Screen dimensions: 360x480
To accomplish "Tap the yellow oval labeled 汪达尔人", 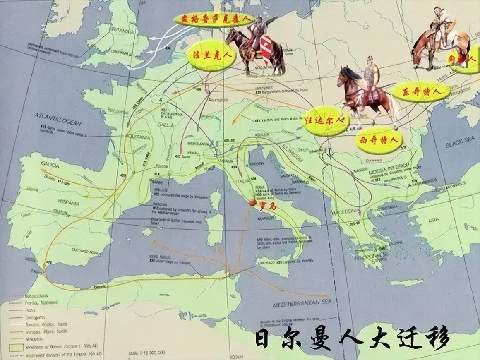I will (x=326, y=121).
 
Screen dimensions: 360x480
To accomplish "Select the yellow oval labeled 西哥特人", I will (x=379, y=140).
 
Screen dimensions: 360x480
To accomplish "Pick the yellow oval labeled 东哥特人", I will (x=420, y=91).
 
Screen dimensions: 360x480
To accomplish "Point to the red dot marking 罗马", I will (x=252, y=203).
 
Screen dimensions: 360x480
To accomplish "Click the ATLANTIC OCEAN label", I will (x=58, y=120).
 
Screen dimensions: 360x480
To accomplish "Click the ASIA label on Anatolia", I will (x=433, y=221).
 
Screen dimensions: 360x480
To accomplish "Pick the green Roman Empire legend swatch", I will (x=17, y=346).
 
